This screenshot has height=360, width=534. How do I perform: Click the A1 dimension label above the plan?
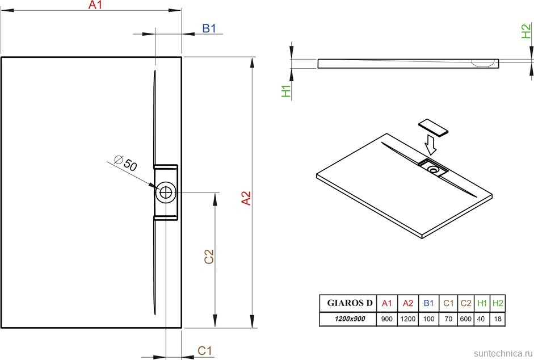[x=95, y=5]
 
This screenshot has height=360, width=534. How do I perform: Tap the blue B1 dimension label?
[x=209, y=28]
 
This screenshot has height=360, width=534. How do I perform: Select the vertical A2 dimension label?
[x=246, y=198]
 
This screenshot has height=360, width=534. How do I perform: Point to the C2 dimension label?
[x=209, y=257]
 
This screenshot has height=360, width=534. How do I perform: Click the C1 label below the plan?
[x=205, y=350]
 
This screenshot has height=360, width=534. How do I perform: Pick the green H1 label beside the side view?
[x=287, y=91]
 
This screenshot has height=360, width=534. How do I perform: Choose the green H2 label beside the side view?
[x=526, y=31]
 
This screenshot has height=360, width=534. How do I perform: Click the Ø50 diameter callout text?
[x=125, y=163]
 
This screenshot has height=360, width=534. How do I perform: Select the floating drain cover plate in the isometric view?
[x=433, y=128]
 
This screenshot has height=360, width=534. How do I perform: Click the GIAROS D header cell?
[x=350, y=303]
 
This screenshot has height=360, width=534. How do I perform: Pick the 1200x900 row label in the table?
[x=350, y=319]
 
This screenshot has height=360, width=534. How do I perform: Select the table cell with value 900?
[x=387, y=319]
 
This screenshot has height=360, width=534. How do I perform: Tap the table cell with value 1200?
[x=408, y=319]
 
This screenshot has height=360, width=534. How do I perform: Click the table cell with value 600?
[x=465, y=319]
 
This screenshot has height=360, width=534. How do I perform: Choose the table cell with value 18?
[x=498, y=319]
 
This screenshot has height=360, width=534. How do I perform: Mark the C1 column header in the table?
[x=448, y=303]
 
